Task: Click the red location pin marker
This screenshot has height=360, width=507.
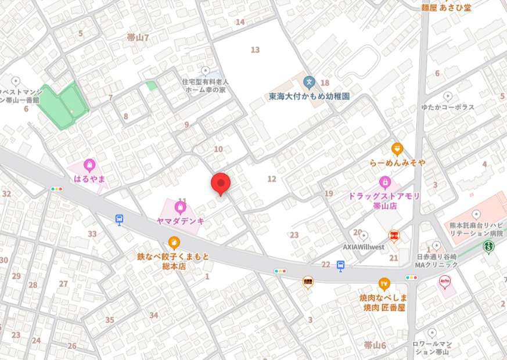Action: coord(220,183)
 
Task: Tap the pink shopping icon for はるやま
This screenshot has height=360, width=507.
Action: coord(89,165)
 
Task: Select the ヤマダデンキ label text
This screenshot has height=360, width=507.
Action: coord(181,221)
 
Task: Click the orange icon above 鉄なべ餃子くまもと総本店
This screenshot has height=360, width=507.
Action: coord(174,243)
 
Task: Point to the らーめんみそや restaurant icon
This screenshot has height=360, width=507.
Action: coord(397,149)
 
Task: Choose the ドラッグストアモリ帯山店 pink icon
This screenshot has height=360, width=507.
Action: coord(384,182)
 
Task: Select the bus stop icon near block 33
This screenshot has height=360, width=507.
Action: coord(120,219)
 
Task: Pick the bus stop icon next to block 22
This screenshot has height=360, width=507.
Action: coord(341,265)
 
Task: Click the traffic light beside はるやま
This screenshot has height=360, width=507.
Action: coord(57,189)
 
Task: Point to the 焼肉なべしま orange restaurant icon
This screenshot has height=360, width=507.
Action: coord(383,283)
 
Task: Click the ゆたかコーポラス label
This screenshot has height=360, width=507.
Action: coord(448,107)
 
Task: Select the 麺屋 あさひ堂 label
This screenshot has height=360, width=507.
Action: coord(447,8)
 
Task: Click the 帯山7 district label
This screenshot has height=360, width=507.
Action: coord(138,38)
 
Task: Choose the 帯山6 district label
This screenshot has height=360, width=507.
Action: coord(375,345)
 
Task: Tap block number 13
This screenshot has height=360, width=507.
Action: coord(255,50)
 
